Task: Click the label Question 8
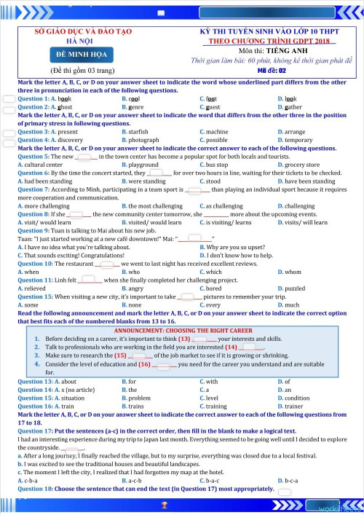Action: click(x=33, y=214)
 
